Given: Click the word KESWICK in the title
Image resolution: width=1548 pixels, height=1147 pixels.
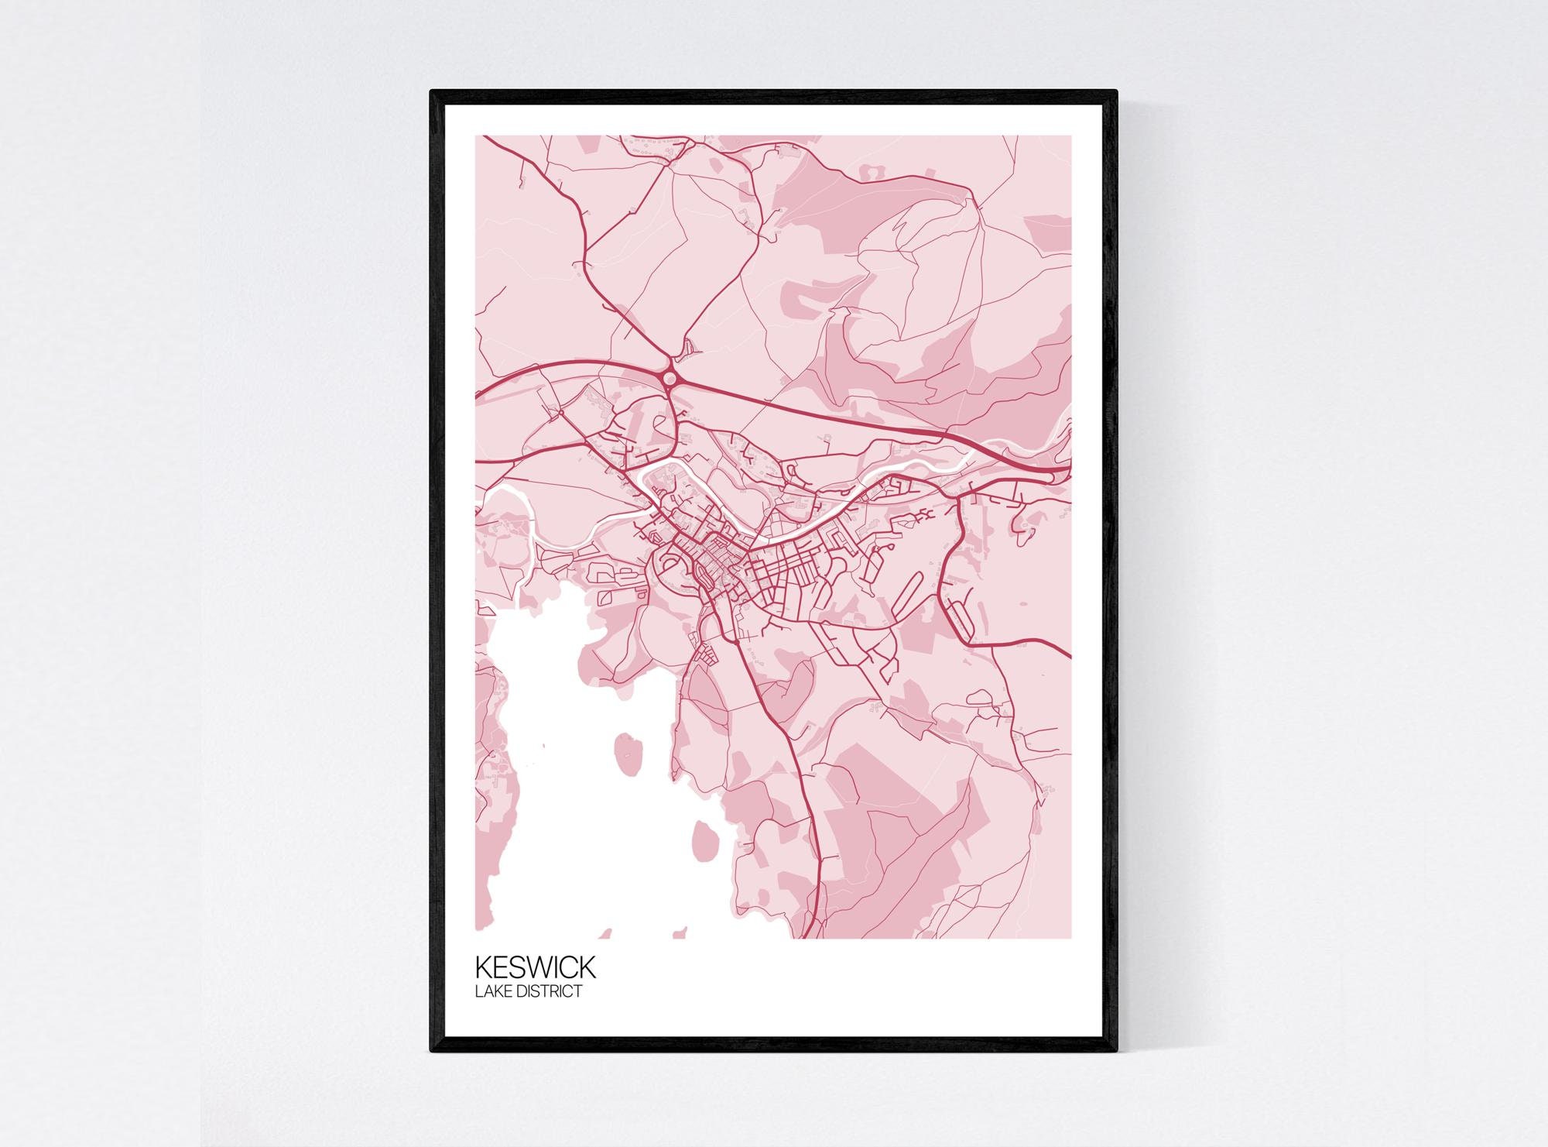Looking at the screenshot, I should pyautogui.click(x=535, y=968).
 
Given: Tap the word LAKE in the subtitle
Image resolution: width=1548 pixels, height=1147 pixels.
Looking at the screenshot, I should pyautogui.click(x=490, y=991).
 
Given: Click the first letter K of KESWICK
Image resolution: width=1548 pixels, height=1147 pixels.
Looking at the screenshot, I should pyautogui.click(x=482, y=968).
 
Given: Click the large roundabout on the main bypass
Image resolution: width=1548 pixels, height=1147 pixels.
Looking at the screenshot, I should pyautogui.click(x=670, y=378).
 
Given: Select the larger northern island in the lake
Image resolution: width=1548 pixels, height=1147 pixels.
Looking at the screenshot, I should pyautogui.click(x=628, y=752).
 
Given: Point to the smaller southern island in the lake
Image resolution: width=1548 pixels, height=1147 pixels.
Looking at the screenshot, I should pyautogui.click(x=704, y=836).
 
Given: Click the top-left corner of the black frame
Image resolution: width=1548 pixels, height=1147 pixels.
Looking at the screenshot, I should pyautogui.click(x=433, y=92).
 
